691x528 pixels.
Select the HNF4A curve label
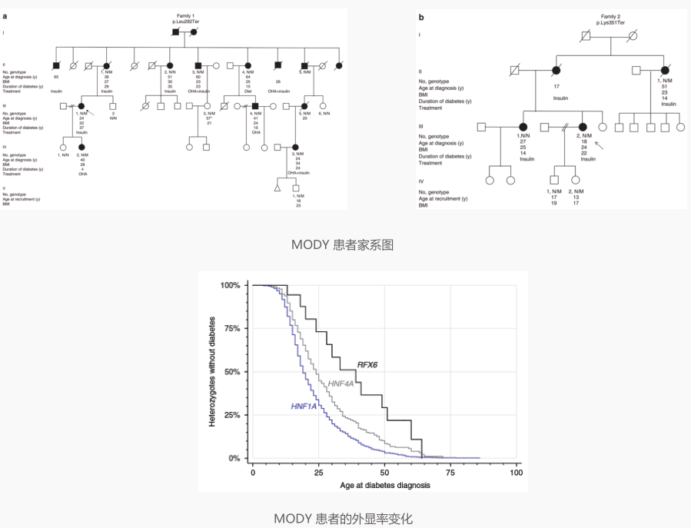click(341, 383)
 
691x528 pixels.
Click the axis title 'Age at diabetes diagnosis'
click(385, 485)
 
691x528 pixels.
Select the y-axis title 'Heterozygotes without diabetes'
click(212, 372)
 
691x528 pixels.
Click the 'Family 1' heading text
click(184, 16)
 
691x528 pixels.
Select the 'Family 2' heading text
click(610, 15)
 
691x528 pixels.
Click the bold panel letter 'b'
click(420, 15)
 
